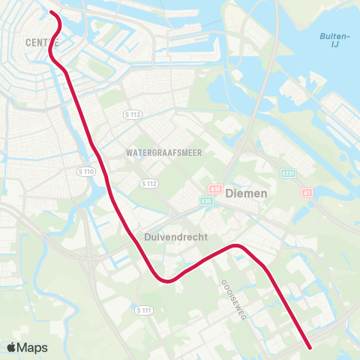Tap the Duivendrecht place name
(x=170, y=235)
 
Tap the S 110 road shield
(x=87, y=172)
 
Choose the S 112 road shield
(x=148, y=182)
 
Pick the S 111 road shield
(x=143, y=310)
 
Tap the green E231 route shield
(x=289, y=173)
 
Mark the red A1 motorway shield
(x=307, y=193)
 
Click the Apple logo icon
(x=11, y=347)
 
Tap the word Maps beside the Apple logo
(x=33, y=348)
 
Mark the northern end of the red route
(x=51, y=13)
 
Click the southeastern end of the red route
(x=310, y=347)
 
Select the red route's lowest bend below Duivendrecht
(x=166, y=282)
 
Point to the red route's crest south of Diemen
(x=237, y=246)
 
